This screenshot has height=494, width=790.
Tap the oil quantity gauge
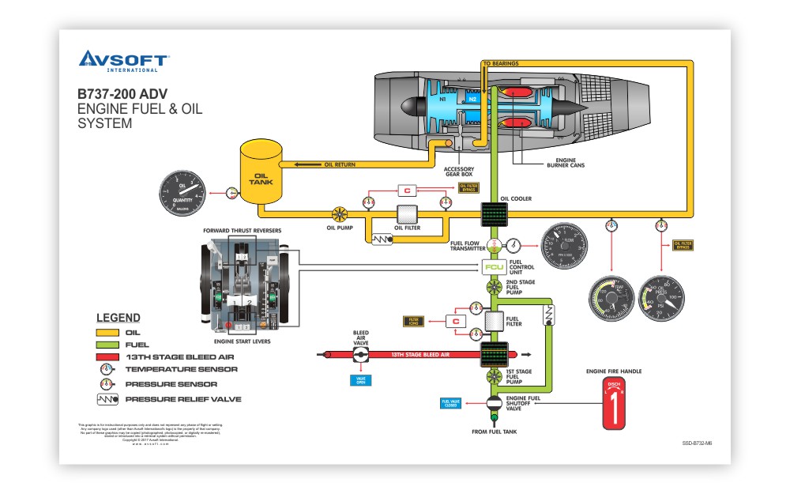coord(183,194)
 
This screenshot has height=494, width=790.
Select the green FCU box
coord(494,267)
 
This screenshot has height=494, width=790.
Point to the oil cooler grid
coord(494,213)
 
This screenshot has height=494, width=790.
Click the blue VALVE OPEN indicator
coord(361,380)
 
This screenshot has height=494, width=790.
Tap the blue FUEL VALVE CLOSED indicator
coord(450,403)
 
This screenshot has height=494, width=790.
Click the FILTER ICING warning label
coord(413,321)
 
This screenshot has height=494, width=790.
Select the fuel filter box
coord(494,322)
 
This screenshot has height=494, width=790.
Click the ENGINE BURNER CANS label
coord(566,164)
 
